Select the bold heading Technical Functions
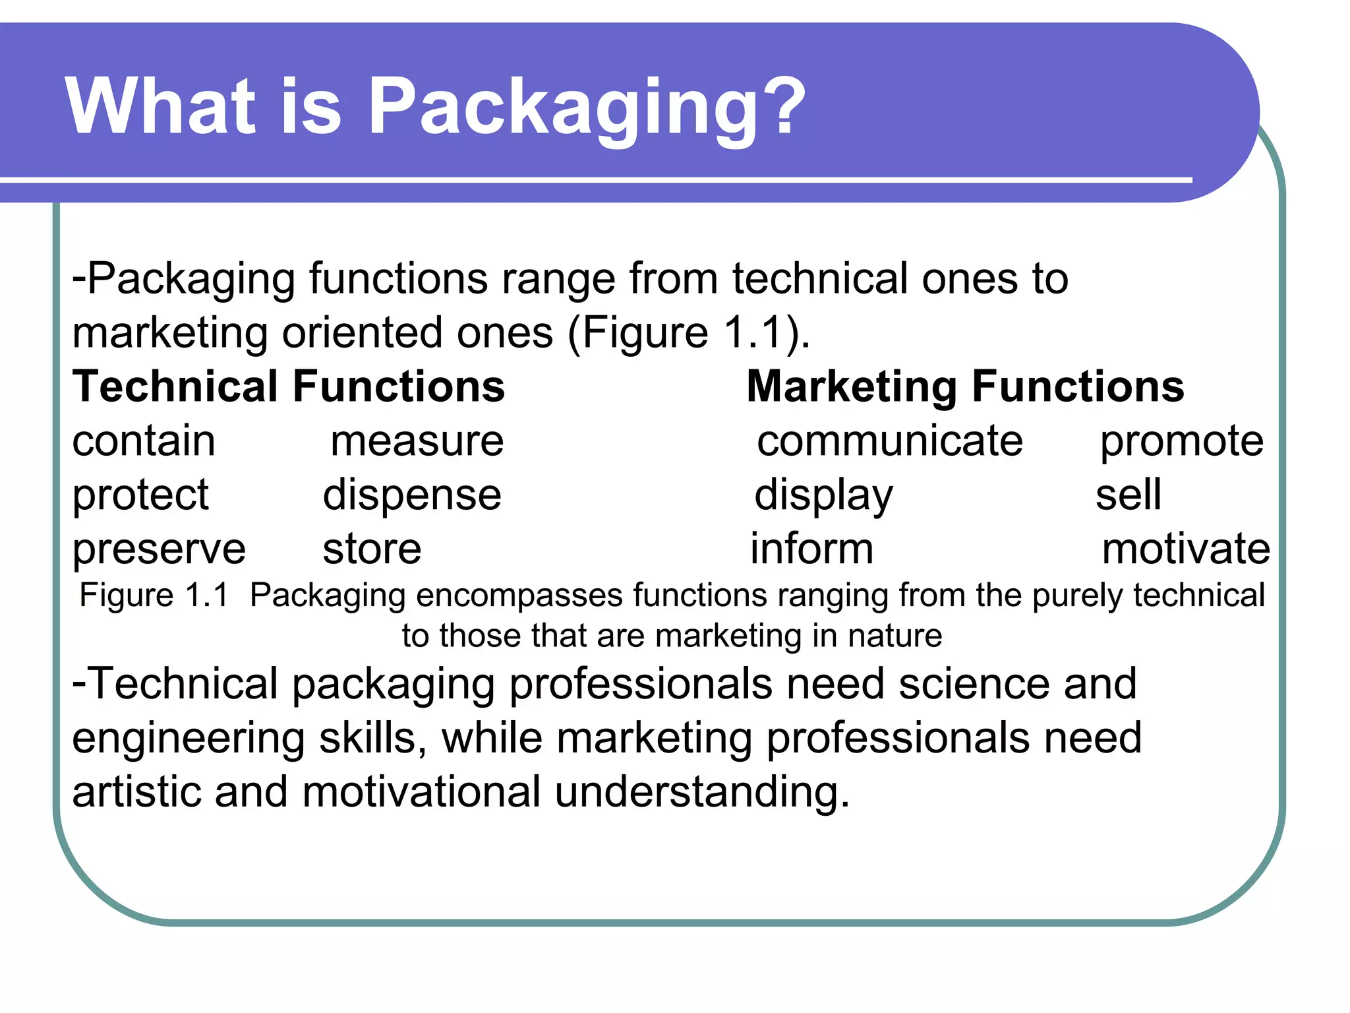pyautogui.click(x=289, y=386)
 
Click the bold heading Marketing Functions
pyautogui.click(x=965, y=386)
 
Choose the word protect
pyautogui.click(x=140, y=496)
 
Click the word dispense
pyautogui.click(x=412, y=496)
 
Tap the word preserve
pyautogui.click(x=159, y=550)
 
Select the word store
pyautogui.click(x=372, y=549)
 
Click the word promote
pyautogui.click(x=1182, y=442)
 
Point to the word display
pyautogui.click(x=823, y=496)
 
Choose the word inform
pyautogui.click(x=811, y=549)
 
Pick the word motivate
pyautogui.click(x=1186, y=549)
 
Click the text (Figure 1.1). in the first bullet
pyautogui.click(x=688, y=332)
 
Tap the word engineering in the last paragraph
pyautogui.click(x=189, y=739)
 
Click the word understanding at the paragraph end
pyautogui.click(x=701, y=791)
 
